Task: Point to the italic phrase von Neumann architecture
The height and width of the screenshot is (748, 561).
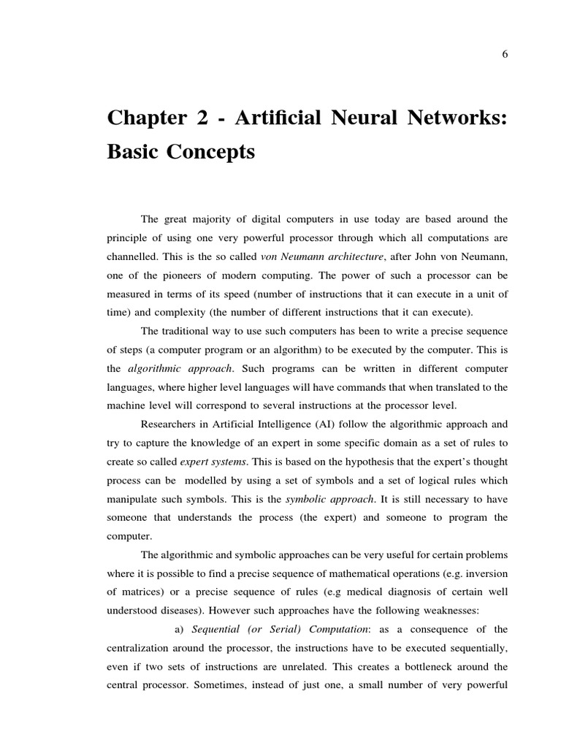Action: (312, 256)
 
